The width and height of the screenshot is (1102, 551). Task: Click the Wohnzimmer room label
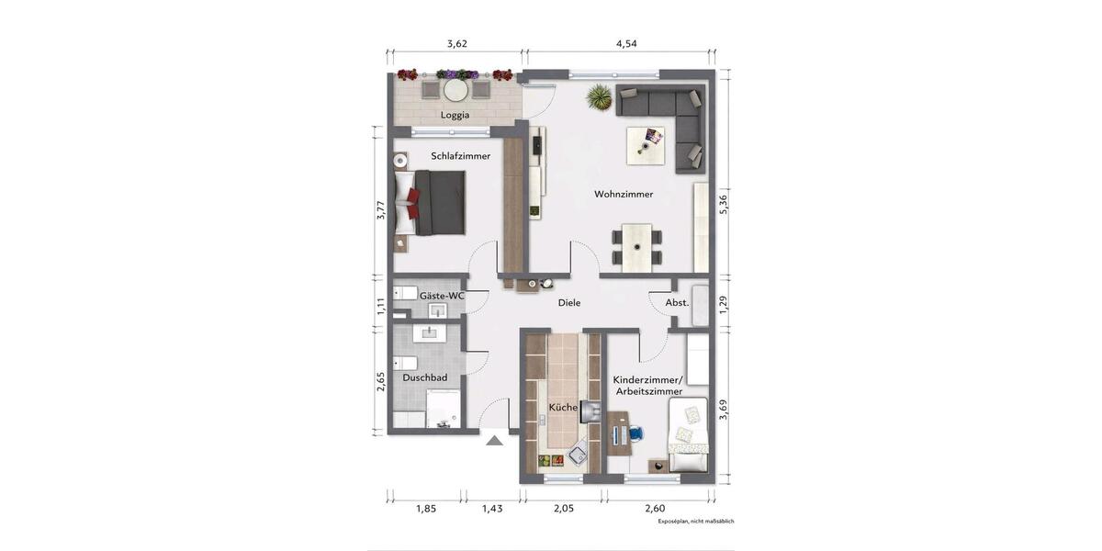(624, 195)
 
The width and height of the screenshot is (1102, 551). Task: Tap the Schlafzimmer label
(460, 156)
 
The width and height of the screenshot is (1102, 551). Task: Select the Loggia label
(455, 115)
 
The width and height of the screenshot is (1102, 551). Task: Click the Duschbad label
(424, 377)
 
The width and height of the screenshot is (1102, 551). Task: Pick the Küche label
(563, 407)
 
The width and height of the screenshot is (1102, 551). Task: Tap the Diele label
(569, 303)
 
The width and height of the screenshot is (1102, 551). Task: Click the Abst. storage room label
(677, 302)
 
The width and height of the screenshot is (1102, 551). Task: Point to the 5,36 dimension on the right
(725, 204)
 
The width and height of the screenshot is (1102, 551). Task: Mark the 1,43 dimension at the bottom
(492, 509)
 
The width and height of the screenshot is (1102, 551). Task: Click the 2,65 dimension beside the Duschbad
(380, 381)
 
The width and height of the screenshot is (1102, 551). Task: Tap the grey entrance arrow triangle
(494, 440)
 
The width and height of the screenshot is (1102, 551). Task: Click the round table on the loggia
(455, 90)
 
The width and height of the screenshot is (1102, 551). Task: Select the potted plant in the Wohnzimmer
(599, 96)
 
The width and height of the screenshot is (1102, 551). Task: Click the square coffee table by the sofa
(651, 143)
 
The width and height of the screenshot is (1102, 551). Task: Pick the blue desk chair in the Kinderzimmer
(635, 432)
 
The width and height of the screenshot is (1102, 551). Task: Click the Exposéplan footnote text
(696, 521)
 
